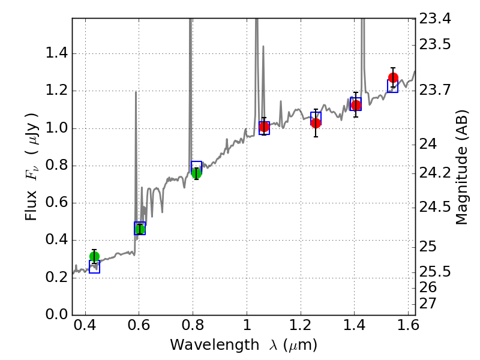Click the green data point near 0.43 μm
[x=94, y=256]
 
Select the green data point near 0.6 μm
[x=140, y=229]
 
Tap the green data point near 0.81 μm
[x=196, y=173]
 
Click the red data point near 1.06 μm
[x=264, y=127]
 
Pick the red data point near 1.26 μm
[x=316, y=123]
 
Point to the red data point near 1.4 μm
[x=356, y=105]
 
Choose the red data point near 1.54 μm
[x=393, y=77]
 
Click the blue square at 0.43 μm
[x=94, y=268]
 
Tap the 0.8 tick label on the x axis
[x=193, y=328]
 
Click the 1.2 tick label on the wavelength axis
[x=300, y=328]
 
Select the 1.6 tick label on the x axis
[x=408, y=328]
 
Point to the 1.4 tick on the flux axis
[x=58, y=54]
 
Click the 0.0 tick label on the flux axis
[x=58, y=314]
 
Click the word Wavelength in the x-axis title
[x=201, y=345]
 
